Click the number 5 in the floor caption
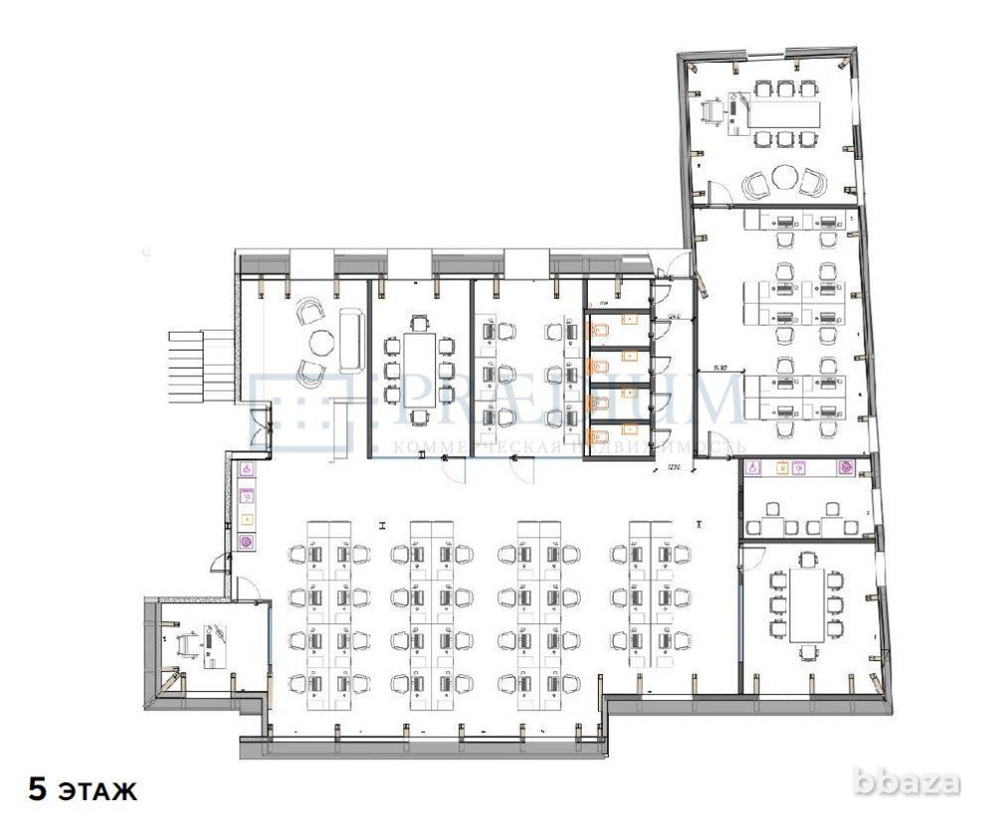(37, 792)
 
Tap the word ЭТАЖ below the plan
(99, 793)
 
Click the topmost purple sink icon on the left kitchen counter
(247, 468)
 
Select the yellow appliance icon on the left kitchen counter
(247, 519)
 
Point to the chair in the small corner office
(186, 645)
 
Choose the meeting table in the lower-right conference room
(807, 604)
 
